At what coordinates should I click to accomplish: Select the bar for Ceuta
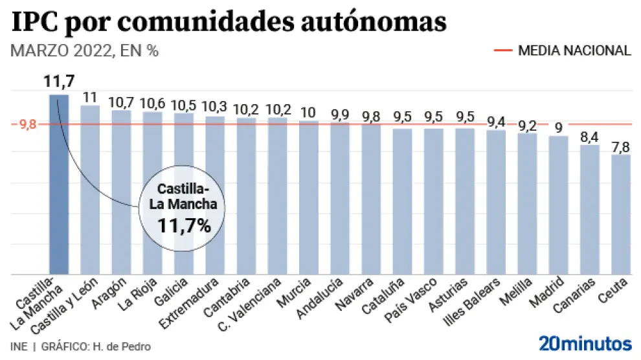(620, 214)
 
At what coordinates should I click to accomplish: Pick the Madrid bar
(558, 205)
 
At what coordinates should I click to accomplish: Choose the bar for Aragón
(121, 192)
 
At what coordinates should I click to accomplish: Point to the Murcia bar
(308, 197)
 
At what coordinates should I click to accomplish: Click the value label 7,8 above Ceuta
(620, 146)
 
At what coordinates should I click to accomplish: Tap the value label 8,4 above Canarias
(589, 137)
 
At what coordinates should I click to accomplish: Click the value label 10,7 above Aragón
(121, 102)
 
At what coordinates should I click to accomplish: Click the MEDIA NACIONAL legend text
(574, 51)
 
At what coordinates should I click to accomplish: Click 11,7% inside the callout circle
(184, 226)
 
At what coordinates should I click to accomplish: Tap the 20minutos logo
(584, 343)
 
